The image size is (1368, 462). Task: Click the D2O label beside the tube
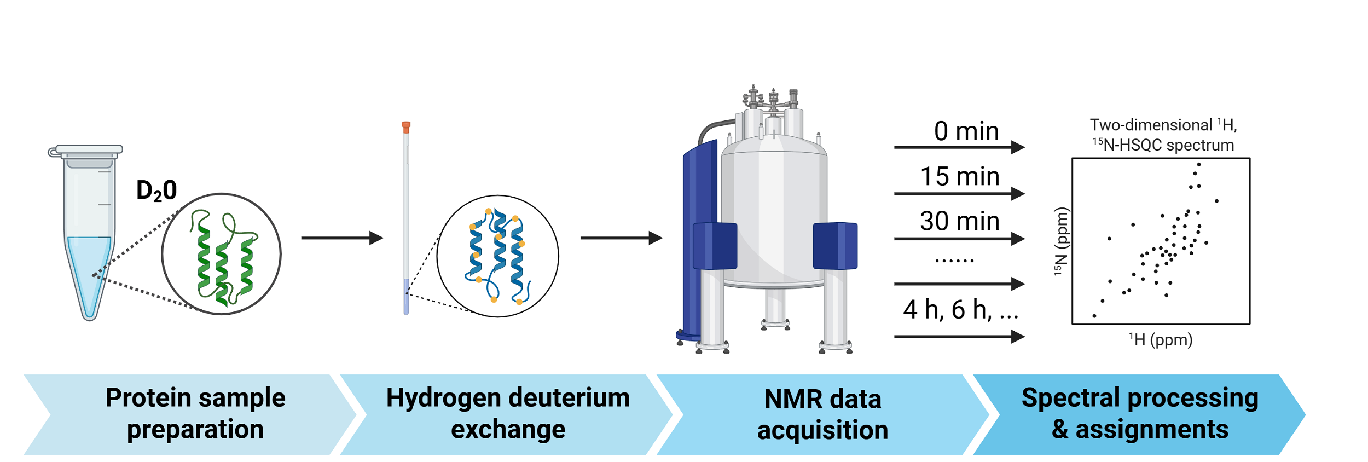pos(156,191)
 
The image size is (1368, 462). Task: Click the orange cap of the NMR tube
pos(406,126)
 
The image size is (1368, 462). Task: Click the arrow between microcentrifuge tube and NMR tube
pos(342,238)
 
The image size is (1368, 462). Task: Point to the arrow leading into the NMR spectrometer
pos(621,238)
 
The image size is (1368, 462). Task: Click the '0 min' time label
pos(966,131)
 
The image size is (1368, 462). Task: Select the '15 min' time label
pos(960,176)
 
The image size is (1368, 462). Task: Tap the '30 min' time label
pos(960,221)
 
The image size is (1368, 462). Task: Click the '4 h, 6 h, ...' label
pos(960,310)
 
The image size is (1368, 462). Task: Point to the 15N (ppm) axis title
pos(1061,241)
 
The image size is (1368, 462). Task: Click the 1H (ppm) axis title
pos(1161,340)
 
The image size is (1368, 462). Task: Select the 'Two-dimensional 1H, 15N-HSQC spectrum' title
pos(1163,135)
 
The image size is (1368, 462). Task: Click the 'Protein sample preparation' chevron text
pos(195,413)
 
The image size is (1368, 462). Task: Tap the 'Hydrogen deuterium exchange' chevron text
pos(508,413)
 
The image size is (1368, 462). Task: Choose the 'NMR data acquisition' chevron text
pos(822,414)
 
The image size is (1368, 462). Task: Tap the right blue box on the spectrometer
pos(835,246)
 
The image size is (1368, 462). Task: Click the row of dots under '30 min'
pos(954,261)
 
